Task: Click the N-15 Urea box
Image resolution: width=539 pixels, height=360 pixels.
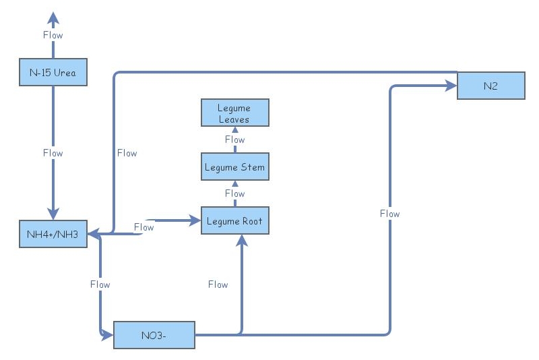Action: tap(53, 72)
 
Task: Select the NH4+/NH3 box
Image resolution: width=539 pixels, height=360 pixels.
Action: tap(53, 234)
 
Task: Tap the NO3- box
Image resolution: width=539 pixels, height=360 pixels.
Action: tap(154, 335)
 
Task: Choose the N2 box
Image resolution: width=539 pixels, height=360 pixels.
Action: tap(490, 86)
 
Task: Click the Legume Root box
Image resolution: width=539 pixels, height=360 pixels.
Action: tap(234, 220)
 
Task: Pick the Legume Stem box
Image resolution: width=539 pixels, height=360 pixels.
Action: tap(234, 167)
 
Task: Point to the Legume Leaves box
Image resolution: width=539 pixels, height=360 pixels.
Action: tap(234, 113)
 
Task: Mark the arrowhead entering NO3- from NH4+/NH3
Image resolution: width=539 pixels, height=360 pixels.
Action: tap(108, 334)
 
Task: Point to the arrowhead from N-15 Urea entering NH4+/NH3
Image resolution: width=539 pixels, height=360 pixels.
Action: tap(53, 214)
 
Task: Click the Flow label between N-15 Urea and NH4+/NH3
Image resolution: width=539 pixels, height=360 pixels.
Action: tap(53, 153)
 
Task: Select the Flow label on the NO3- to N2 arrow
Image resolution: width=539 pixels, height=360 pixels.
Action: tap(389, 214)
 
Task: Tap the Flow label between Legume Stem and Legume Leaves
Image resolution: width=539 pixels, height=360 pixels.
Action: tap(234, 140)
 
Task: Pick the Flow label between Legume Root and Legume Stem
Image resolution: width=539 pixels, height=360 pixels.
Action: tap(234, 193)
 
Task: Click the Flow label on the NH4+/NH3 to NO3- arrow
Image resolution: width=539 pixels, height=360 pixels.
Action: tap(100, 284)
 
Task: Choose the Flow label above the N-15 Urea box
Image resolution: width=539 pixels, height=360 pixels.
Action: tap(53, 35)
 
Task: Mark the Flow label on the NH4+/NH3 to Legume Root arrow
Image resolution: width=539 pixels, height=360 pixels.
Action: tap(144, 227)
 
